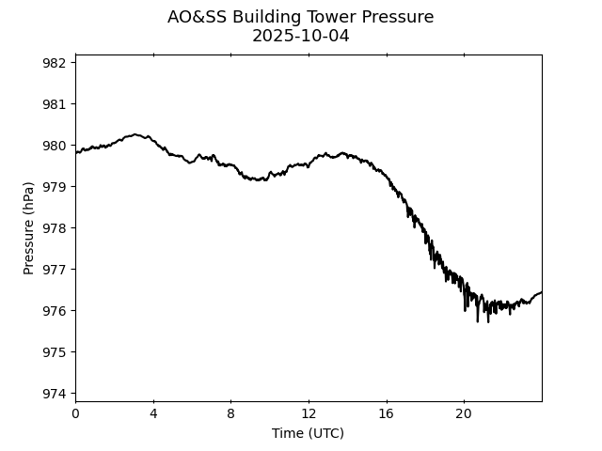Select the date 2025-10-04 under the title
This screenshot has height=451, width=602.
301,36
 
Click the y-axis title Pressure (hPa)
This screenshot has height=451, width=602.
28,228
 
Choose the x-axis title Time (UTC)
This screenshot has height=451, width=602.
308,433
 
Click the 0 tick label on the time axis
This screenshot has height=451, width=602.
75,413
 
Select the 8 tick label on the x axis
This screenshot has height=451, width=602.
230,413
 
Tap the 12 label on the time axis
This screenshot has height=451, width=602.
309,413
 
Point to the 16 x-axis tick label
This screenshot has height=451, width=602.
386,413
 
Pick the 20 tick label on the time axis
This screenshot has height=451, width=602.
464,413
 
